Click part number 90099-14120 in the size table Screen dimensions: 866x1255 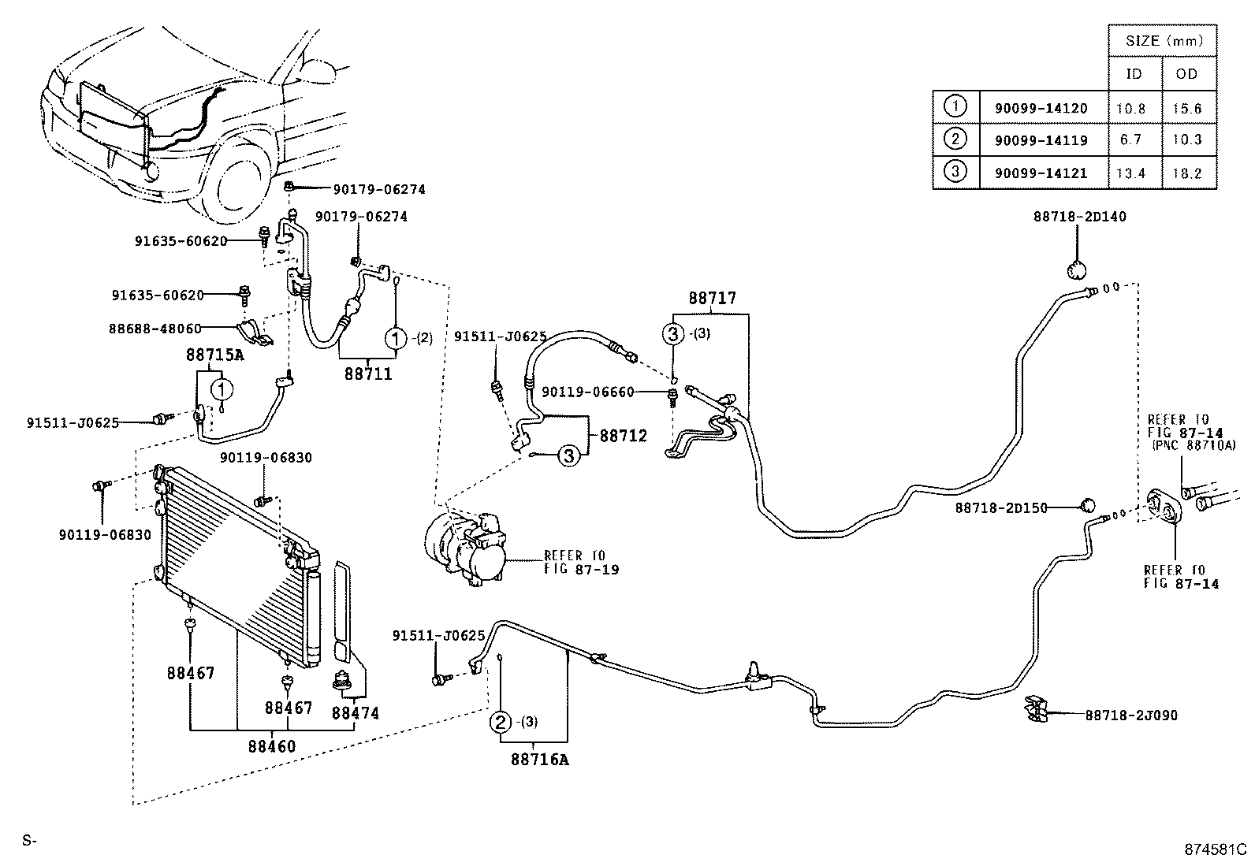pos(1041,108)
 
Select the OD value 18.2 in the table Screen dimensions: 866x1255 pos(1186,173)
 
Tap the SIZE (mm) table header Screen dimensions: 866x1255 pos(1162,41)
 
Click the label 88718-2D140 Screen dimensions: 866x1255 pos(1080,216)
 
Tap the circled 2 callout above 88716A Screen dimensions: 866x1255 pos(501,722)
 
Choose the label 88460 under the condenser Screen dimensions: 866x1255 pos(272,745)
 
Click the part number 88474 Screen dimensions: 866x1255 pos(355,713)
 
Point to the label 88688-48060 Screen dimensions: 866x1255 pos(155,328)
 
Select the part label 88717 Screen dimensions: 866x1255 pos(711,298)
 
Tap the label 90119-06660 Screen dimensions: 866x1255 pos(587,392)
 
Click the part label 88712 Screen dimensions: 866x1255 pos(623,435)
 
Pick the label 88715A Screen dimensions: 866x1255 pos(214,355)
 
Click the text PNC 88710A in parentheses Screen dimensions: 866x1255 pos(1187,445)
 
